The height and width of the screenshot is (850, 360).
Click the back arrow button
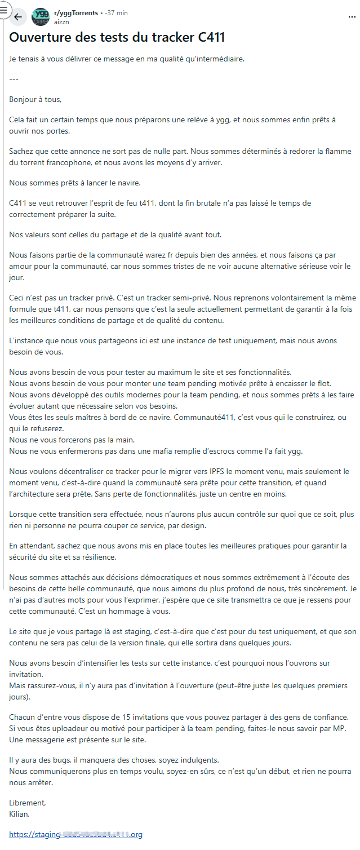click(x=18, y=17)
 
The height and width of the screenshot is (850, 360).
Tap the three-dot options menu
click(x=352, y=17)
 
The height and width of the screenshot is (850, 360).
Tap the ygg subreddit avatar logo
click(x=41, y=17)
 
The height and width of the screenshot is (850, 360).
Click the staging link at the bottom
click(x=75, y=834)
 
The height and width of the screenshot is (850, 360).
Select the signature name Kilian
click(x=19, y=814)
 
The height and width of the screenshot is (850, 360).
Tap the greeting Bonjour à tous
click(x=35, y=99)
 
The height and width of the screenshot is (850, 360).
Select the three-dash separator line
click(x=14, y=79)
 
